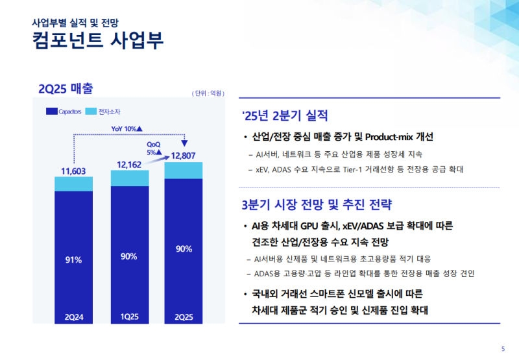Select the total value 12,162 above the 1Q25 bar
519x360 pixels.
click(129, 165)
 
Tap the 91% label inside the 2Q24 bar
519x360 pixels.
click(73, 260)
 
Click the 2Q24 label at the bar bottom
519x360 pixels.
click(73, 317)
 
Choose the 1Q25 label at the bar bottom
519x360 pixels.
click(129, 317)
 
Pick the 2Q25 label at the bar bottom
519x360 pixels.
click(184, 317)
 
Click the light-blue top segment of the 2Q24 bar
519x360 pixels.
click(73, 184)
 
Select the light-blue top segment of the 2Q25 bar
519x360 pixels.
click(184, 170)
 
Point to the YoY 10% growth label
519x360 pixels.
click(127, 128)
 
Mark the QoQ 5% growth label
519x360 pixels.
click(154, 148)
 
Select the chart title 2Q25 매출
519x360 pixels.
click(67, 88)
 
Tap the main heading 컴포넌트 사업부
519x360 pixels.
click(97, 40)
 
